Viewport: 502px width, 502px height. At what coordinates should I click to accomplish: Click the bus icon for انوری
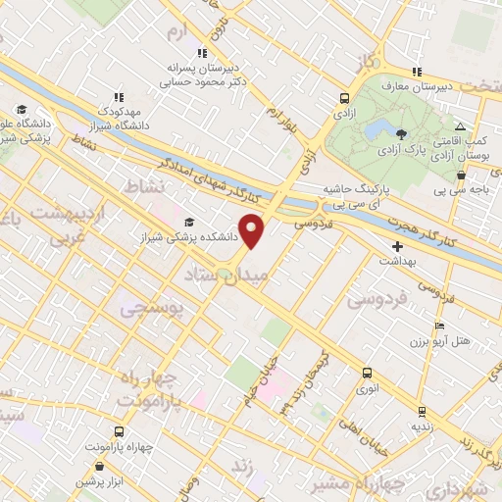(367, 373)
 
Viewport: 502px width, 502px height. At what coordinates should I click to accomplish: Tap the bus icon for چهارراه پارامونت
(119, 431)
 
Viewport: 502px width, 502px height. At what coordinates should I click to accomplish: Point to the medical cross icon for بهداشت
(397, 246)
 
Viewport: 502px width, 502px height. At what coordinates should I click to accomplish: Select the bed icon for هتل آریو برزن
(438, 326)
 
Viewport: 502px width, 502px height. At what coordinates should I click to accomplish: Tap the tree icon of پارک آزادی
(400, 132)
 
